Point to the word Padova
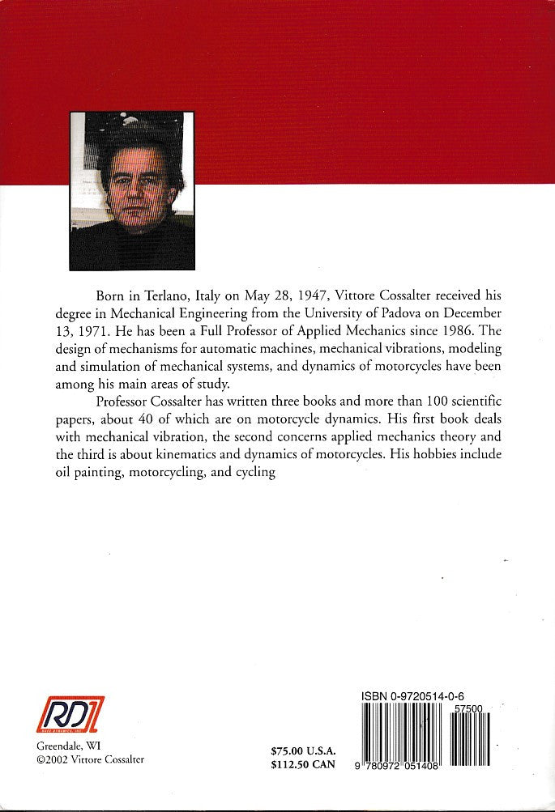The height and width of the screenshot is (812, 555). click(414, 312)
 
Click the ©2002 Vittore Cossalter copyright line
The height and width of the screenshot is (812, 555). click(91, 760)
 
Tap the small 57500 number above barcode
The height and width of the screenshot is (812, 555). click(470, 708)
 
